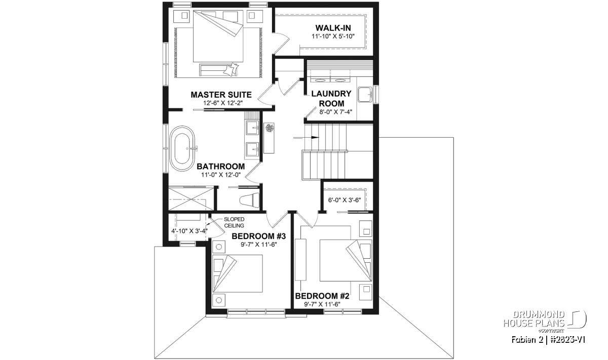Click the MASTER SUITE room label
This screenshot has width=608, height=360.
[x=221, y=95]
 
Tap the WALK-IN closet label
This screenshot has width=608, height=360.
[x=333, y=28]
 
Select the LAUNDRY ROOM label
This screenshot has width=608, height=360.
[x=331, y=98]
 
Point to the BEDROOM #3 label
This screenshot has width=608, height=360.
[x=259, y=236]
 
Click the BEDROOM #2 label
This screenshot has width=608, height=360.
[x=322, y=296]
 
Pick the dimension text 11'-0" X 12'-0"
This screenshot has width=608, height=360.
[x=221, y=175]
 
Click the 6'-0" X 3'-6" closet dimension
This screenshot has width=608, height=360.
[x=345, y=200]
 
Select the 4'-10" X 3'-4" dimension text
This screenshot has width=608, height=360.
[x=189, y=231]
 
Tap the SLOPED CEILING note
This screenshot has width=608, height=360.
[x=234, y=222]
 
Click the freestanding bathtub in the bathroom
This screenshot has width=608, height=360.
[x=182, y=148]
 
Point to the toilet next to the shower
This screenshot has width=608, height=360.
[x=249, y=200]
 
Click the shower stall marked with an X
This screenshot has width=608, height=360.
[x=192, y=199]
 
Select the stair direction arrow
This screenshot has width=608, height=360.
[x=306, y=138]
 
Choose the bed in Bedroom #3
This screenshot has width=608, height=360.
[x=237, y=273]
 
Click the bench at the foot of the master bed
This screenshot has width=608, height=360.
[x=218, y=70]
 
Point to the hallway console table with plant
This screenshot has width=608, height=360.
[x=269, y=138]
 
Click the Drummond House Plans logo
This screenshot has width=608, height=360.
[x=545, y=322]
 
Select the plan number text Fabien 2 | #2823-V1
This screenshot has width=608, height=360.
[x=548, y=340]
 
